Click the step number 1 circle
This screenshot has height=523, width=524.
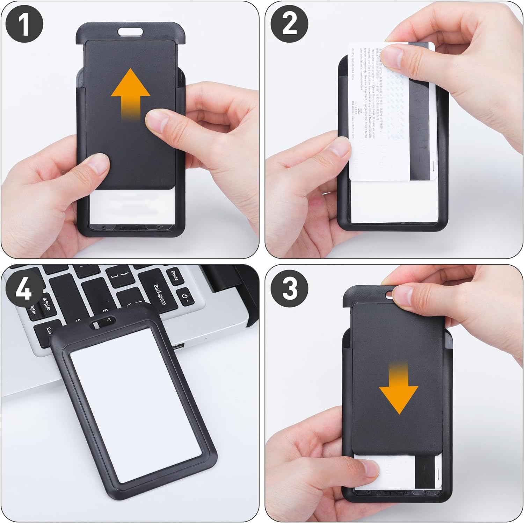(23, 24)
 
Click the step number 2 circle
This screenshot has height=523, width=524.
(290, 24)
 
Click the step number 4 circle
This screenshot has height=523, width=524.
(23, 290)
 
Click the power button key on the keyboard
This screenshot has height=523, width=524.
(185, 297)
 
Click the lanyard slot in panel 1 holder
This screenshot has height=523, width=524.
(130, 32)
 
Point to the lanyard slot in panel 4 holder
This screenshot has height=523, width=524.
(102, 322)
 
